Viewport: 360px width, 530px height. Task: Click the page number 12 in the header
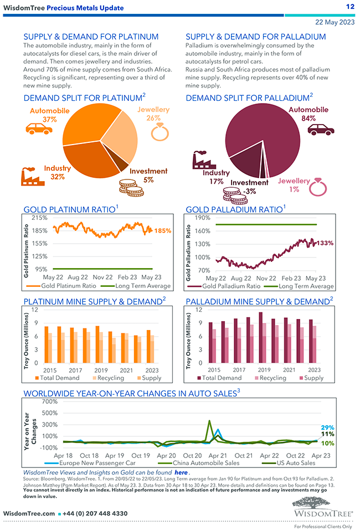pyautogui.click(x=350, y=7)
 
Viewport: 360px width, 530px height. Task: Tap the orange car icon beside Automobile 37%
pyautogui.click(x=39, y=128)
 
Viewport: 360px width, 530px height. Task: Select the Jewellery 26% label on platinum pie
pyautogui.click(x=153, y=114)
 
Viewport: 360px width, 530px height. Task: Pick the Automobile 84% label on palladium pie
pyautogui.click(x=308, y=114)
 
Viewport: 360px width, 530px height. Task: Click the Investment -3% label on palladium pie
pyautogui.click(x=249, y=187)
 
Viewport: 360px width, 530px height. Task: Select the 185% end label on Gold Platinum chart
pyautogui.click(x=163, y=230)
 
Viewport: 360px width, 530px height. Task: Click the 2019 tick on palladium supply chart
pyautogui.click(x=264, y=369)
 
